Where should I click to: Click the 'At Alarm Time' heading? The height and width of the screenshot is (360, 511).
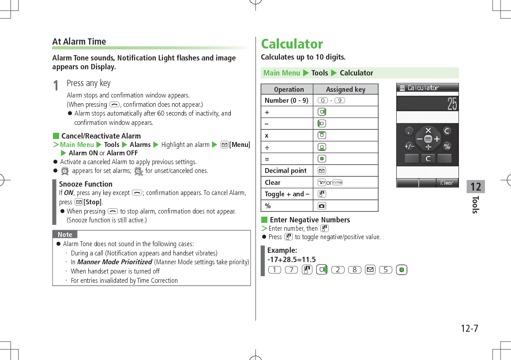click(x=79, y=41)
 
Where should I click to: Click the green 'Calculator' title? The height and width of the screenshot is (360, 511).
click(x=292, y=44)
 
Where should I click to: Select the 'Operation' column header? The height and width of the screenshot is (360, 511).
click(x=289, y=89)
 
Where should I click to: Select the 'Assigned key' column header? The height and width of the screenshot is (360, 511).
click(x=346, y=89)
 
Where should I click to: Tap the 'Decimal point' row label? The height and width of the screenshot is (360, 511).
click(x=286, y=171)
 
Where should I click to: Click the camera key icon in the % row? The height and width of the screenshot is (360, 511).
click(x=322, y=206)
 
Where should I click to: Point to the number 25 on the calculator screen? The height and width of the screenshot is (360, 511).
click(x=452, y=104)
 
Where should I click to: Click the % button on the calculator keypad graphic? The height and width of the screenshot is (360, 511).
click(x=447, y=146)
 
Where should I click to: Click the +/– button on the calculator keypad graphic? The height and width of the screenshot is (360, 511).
click(x=409, y=146)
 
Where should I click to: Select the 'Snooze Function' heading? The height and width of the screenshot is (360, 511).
click(x=86, y=184)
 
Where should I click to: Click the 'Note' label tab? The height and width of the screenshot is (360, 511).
click(x=65, y=235)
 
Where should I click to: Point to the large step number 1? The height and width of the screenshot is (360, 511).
click(x=56, y=86)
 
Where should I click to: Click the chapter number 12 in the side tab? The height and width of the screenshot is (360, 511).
click(x=476, y=187)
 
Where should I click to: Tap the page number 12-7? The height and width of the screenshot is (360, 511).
click(x=469, y=329)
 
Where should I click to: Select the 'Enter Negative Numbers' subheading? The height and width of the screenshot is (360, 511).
click(x=309, y=220)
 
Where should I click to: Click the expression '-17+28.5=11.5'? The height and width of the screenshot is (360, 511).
click(x=291, y=259)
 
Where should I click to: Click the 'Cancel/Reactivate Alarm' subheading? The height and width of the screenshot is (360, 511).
click(x=101, y=136)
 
